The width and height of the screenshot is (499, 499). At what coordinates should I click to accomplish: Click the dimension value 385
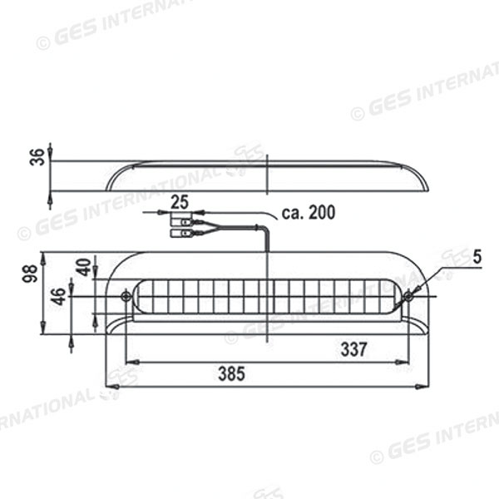click(231, 374)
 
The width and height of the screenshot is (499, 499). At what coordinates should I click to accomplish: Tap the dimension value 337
click(353, 350)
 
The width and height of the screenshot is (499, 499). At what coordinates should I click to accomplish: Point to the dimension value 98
click(30, 274)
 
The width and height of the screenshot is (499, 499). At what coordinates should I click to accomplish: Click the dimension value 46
click(58, 296)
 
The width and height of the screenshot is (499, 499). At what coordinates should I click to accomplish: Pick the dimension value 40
click(82, 268)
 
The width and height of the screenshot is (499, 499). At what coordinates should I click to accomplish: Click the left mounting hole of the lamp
click(126, 296)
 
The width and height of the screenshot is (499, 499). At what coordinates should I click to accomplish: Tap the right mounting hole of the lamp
click(408, 296)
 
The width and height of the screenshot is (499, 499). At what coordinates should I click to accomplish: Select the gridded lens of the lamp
click(266, 297)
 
